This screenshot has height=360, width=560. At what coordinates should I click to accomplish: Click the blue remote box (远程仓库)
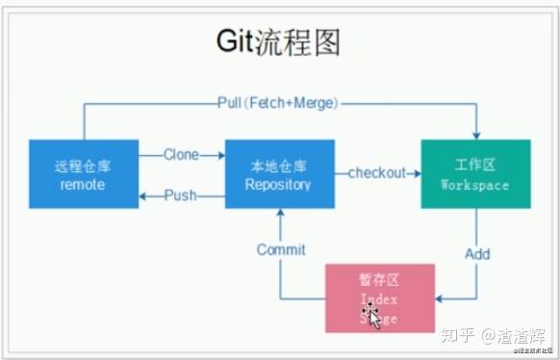click(83, 173)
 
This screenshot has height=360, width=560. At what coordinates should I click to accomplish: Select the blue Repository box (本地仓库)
click(279, 173)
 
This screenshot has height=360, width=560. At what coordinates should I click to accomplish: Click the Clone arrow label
click(182, 153)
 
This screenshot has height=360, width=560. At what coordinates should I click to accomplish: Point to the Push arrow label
click(180, 195)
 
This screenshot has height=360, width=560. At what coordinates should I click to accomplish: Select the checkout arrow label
click(376, 173)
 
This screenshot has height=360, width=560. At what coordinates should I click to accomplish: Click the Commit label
click(281, 249)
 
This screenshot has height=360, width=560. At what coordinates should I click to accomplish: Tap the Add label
click(477, 254)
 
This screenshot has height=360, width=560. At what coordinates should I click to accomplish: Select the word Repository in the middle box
click(278, 184)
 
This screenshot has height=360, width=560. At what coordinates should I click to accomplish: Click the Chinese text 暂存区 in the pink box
click(378, 282)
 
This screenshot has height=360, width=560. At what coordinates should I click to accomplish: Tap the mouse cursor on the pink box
click(371, 317)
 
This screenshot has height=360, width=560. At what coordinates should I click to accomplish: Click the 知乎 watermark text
click(457, 337)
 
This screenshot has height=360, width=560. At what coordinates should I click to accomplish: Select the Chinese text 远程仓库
click(83, 165)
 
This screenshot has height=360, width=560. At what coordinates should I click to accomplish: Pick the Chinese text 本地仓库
click(278, 165)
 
